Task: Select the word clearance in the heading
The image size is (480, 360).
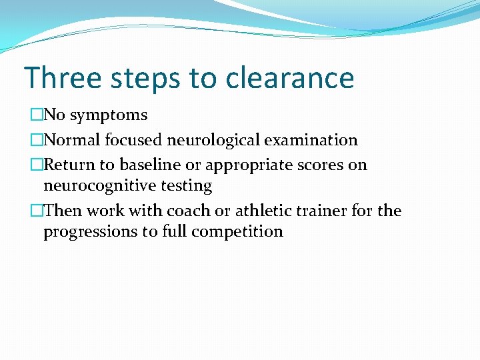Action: pyautogui.click(x=290, y=77)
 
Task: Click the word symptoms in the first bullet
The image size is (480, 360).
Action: pyautogui.click(x=109, y=115)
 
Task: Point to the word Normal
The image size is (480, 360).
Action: pyautogui.click(x=71, y=140)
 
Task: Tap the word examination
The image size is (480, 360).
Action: pyautogui.click(x=311, y=140)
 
